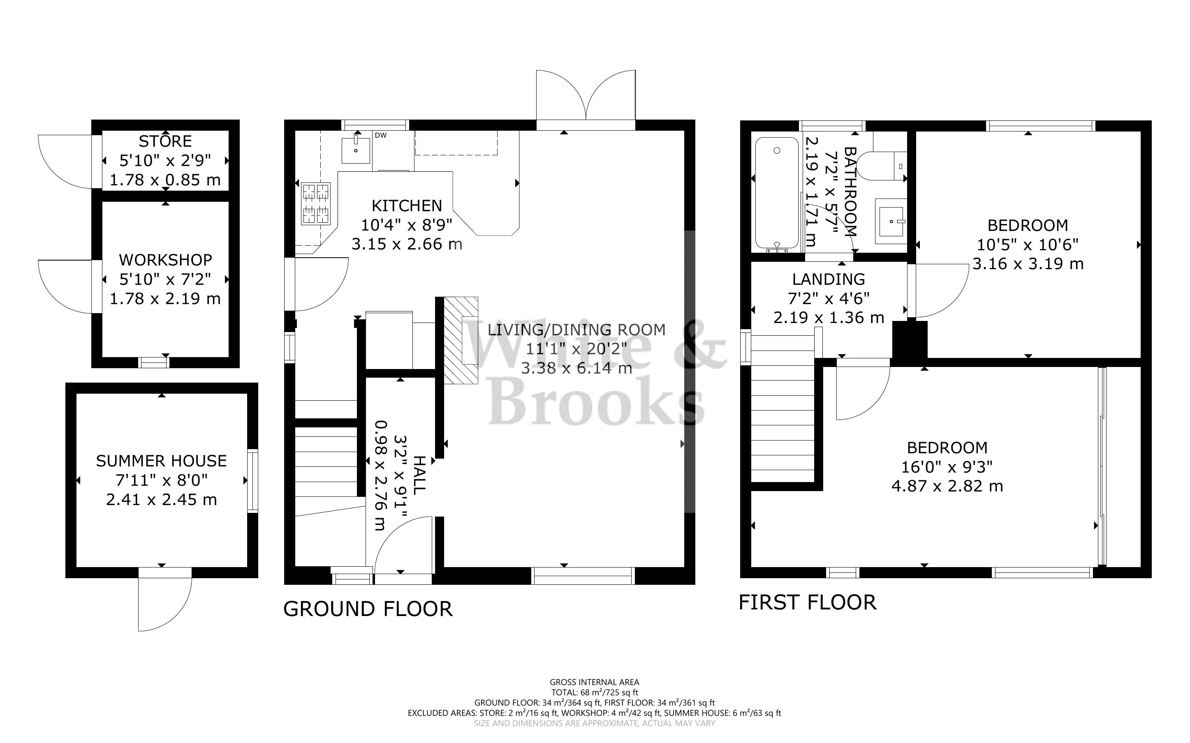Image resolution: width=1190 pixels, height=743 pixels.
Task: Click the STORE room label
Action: point(165,141)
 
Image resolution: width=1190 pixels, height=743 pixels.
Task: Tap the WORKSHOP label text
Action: point(166,260)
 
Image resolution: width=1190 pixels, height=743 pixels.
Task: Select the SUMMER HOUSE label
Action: point(161,461)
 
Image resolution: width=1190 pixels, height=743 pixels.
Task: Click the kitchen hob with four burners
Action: point(315,203)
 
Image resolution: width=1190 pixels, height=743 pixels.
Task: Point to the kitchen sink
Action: point(355,150)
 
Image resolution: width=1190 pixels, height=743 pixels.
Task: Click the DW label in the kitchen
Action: point(380,136)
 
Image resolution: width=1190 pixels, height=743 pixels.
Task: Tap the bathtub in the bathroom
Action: point(777,193)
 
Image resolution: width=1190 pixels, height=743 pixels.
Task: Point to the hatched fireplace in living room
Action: point(461,340)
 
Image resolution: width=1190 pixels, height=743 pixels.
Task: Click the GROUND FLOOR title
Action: point(368,609)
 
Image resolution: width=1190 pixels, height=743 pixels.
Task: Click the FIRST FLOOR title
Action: point(807,603)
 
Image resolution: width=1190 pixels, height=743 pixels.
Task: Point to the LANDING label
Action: point(828,279)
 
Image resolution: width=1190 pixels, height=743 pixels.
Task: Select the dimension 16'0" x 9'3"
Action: point(947,467)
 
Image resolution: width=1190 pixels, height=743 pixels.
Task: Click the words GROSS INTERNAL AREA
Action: point(594,682)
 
